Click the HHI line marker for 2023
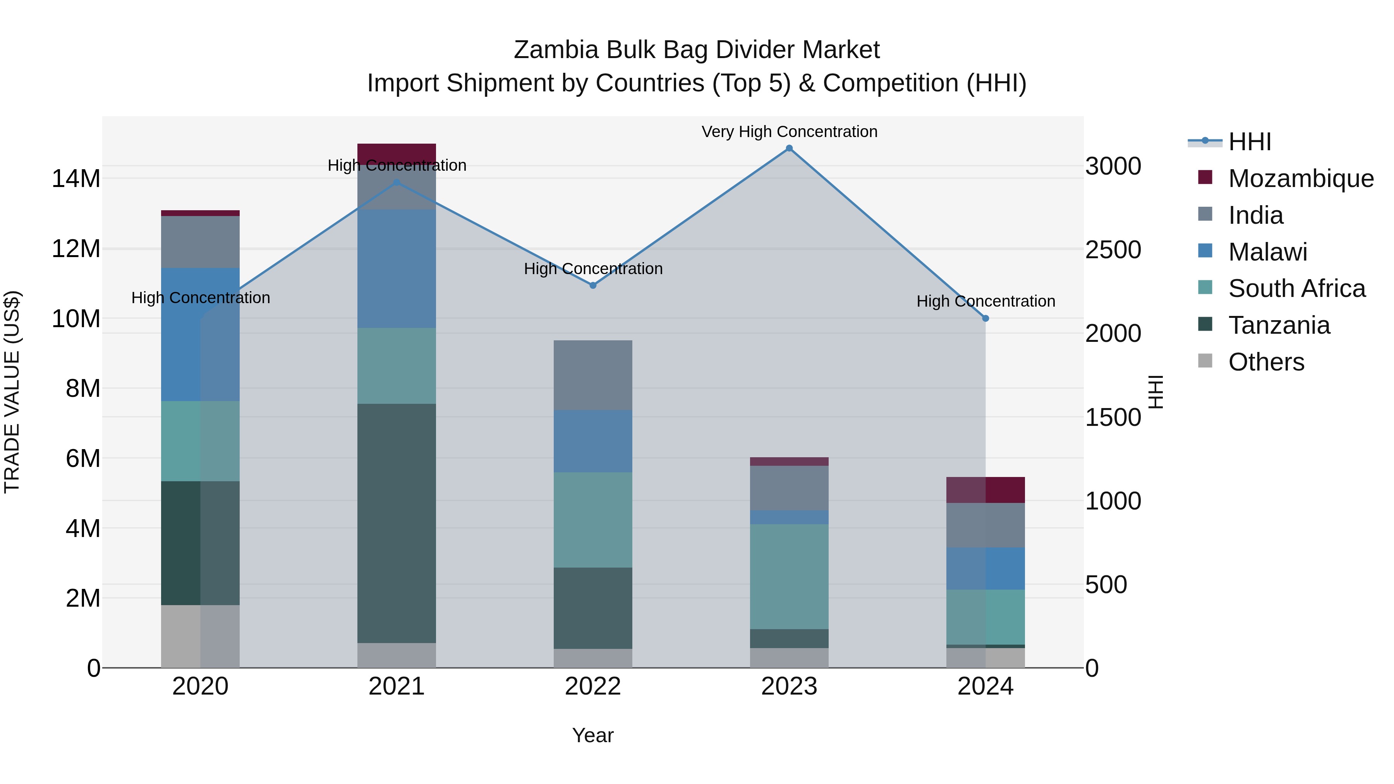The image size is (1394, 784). tap(789, 148)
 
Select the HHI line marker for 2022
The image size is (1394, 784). tap(592, 285)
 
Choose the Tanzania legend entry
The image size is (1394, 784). tap(1279, 325)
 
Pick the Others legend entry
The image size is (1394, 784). tap(1266, 362)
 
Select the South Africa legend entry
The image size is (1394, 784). tap(1296, 288)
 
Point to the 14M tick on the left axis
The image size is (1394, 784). tap(76, 178)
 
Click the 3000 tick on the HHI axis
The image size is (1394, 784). tap(1113, 166)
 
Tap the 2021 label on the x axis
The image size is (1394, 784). tap(397, 686)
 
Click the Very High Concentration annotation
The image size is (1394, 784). tap(789, 132)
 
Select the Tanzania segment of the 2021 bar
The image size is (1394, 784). tap(397, 523)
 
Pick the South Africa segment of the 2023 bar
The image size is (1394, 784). tap(789, 576)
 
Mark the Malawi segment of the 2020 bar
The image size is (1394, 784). tap(200, 335)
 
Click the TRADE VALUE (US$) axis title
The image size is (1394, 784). tap(12, 392)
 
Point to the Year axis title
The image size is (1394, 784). tap(592, 735)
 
